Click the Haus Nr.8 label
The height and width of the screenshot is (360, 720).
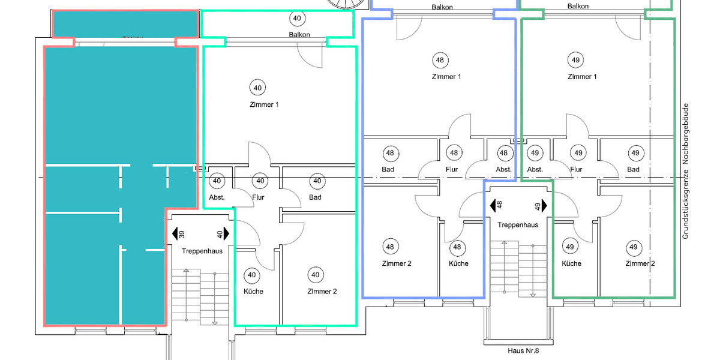click(517, 350)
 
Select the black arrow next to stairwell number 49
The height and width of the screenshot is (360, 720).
click(545, 206)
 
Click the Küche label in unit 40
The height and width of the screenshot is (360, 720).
click(253, 292)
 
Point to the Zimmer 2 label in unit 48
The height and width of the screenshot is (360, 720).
click(397, 263)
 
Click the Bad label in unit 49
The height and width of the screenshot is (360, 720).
click(633, 169)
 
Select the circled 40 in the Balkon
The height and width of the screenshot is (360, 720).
click(296, 17)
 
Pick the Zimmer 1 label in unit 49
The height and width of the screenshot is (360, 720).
click(582, 77)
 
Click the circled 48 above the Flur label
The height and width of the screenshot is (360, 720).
click(454, 153)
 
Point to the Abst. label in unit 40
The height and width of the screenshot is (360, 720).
click(217, 197)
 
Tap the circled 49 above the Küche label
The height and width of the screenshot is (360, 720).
click(570, 247)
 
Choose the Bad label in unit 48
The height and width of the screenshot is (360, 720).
click(388, 169)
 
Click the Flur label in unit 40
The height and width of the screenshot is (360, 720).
click(259, 197)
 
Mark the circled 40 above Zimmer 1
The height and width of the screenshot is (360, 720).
click(257, 88)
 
